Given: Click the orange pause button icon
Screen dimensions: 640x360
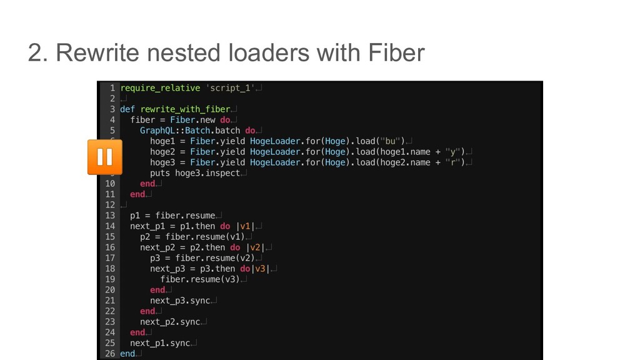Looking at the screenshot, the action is [x=104, y=157].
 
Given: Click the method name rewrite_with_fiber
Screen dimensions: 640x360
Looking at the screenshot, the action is [x=186, y=109].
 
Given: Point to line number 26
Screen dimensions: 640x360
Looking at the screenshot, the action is [x=109, y=354].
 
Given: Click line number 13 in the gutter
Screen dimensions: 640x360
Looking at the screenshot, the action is [x=109, y=215].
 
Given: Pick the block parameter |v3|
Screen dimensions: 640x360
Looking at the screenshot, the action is [x=260, y=269].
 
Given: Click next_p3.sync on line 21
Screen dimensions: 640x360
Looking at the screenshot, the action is [x=180, y=301].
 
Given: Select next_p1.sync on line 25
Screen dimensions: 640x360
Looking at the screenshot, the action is [x=159, y=343].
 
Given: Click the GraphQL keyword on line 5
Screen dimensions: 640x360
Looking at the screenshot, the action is [x=159, y=131].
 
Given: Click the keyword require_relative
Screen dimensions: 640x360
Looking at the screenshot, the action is [x=159, y=88].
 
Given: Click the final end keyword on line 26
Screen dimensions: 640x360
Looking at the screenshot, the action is [x=127, y=354].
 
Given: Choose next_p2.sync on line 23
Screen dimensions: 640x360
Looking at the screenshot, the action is [x=170, y=322].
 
